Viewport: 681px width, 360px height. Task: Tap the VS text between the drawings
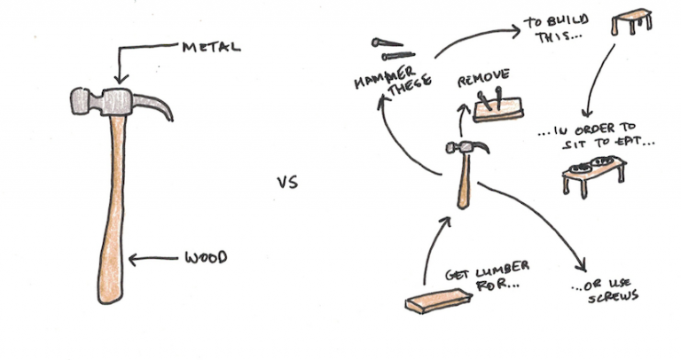point(286,184)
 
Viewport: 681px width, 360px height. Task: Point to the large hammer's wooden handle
point(112,204)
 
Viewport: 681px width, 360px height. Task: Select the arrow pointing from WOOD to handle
point(154,260)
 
